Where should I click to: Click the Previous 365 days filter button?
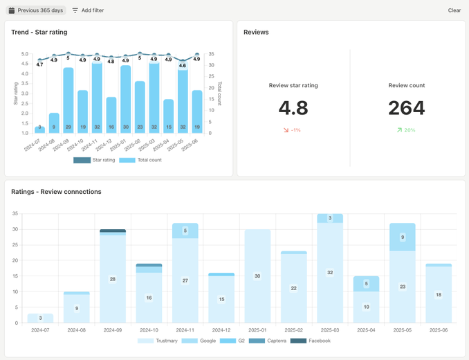tap(37, 10)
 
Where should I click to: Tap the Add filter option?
tap(88, 10)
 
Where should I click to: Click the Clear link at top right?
tap(454, 10)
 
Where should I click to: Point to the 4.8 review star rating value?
tap(293, 108)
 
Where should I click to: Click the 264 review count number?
tap(406, 108)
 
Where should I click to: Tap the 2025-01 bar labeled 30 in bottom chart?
tap(257, 276)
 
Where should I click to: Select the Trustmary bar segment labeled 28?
tap(112, 279)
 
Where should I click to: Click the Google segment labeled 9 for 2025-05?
tap(403, 237)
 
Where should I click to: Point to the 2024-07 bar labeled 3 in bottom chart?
tap(40, 318)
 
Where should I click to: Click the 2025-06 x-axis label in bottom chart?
tap(439, 330)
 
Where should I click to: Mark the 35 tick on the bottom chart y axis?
tap(15, 214)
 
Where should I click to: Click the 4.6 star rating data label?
tap(183, 66)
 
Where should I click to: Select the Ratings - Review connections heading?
tap(56, 192)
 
